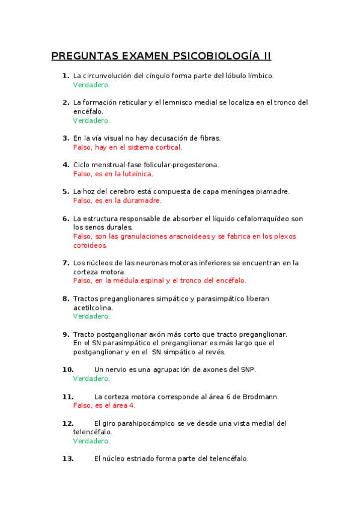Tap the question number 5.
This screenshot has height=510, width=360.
pos(66,191)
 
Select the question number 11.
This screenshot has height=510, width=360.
pos(67,397)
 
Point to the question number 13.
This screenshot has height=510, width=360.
pos(67,459)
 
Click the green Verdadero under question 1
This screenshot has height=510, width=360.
pos(91,85)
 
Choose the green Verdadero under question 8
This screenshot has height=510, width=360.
pos(91,316)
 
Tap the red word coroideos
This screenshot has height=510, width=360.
pos(90,245)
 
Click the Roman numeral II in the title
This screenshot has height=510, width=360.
pos(266,57)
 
